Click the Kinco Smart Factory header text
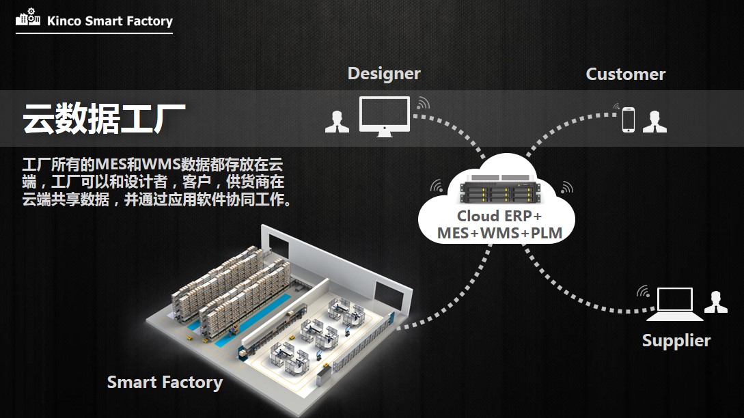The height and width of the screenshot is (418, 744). click(109, 21)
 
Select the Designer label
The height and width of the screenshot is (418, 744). click(384, 73)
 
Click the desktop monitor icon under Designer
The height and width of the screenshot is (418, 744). click(385, 116)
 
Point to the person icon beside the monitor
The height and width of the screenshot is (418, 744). click(337, 121)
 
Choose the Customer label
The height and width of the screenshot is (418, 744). click(625, 74)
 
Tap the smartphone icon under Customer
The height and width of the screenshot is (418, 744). click(629, 120)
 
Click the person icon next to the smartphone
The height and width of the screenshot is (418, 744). click(655, 121)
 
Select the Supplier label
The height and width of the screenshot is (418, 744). click(676, 340)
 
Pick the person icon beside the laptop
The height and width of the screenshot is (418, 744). click(715, 301)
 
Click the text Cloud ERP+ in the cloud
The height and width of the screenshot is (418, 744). click(499, 217)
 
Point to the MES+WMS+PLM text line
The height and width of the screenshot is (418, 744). click(499, 234)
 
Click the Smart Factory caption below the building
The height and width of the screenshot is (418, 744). click(165, 382)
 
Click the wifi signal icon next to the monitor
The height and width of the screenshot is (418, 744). click(423, 103)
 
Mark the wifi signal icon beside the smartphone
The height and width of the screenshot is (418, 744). click(616, 107)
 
